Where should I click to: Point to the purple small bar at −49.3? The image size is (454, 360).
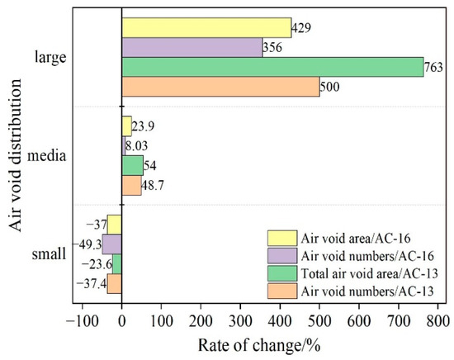[x=112, y=244]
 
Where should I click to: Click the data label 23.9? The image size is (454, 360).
[x=144, y=126]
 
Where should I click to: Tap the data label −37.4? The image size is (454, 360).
[x=91, y=284]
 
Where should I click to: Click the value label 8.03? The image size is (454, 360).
[x=139, y=146]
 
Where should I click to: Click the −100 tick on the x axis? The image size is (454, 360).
[x=83, y=318]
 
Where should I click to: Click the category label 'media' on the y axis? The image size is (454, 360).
[x=50, y=155]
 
